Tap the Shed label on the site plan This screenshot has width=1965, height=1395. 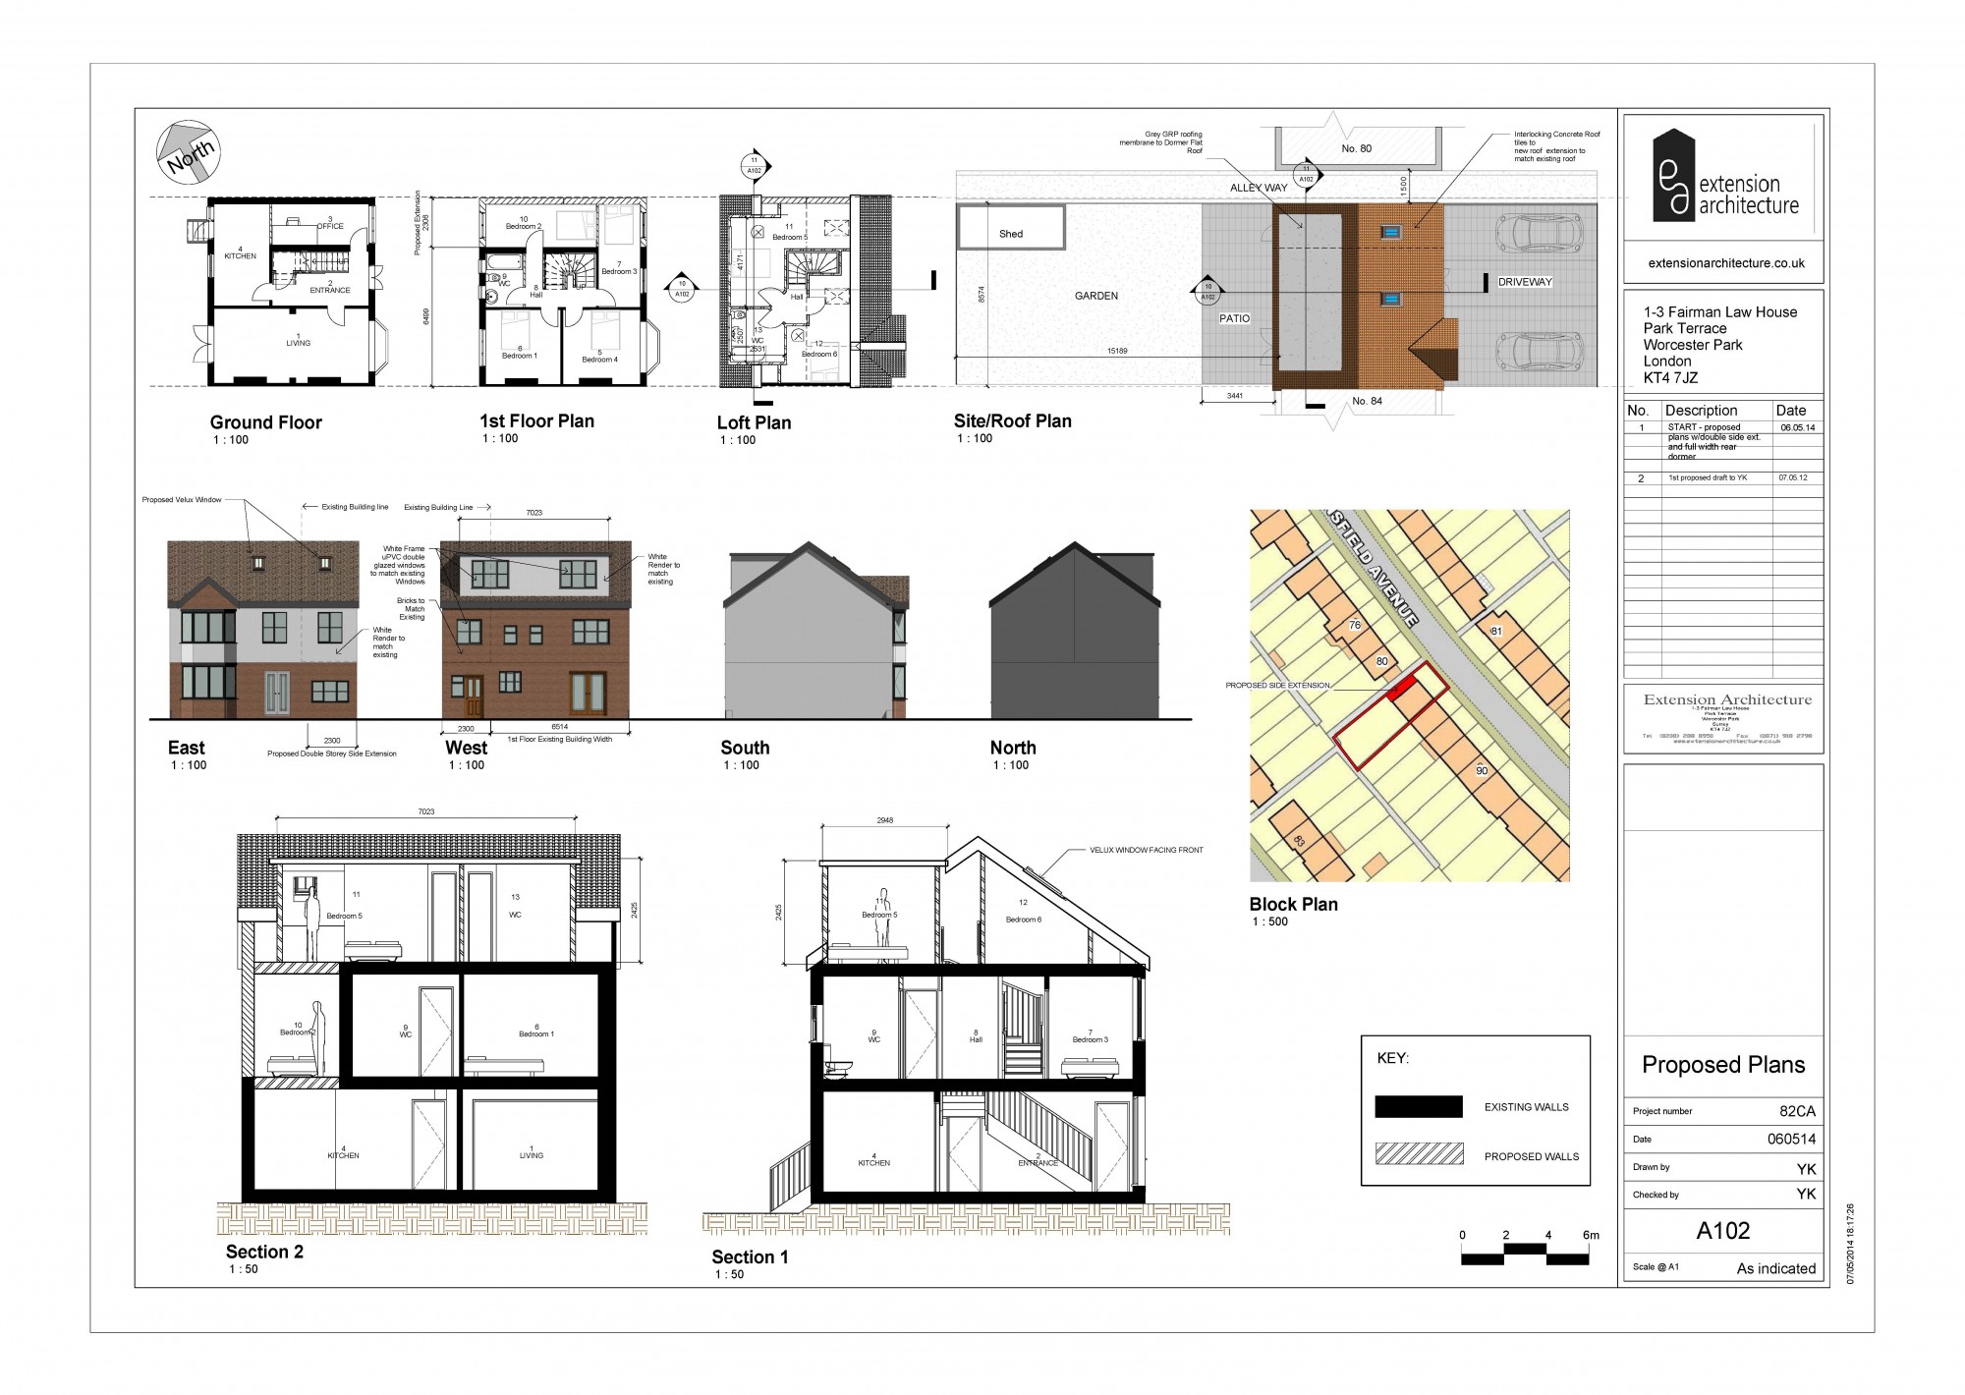pyautogui.click(x=1011, y=234)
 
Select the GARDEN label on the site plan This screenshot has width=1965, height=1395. pyautogui.click(x=1095, y=296)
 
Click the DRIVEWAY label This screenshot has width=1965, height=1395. pyautogui.click(x=1524, y=282)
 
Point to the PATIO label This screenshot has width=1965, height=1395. pyautogui.click(x=1234, y=318)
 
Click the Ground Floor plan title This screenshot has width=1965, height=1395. pyautogui.click(x=265, y=422)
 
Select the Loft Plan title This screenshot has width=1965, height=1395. pyautogui.click(x=754, y=422)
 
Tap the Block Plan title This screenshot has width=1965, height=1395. pyautogui.click(x=1293, y=904)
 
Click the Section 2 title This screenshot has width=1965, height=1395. pyautogui.click(x=264, y=1252)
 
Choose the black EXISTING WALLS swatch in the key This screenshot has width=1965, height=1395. pyautogui.click(x=1419, y=1106)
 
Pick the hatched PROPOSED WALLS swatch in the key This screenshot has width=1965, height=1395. pyautogui.click(x=1419, y=1153)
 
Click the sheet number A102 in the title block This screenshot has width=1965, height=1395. pyautogui.click(x=1722, y=1230)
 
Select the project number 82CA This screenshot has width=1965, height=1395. pyautogui.click(x=1797, y=1111)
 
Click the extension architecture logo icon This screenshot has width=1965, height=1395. pyautogui.click(x=1673, y=175)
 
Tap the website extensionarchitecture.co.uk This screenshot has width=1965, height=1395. pyautogui.click(x=1726, y=263)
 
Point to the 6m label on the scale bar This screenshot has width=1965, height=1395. pyautogui.click(x=1590, y=1235)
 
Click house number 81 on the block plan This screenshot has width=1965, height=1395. pyautogui.click(x=1495, y=631)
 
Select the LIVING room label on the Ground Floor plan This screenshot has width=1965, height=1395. pyautogui.click(x=298, y=343)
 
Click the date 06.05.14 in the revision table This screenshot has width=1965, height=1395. pyautogui.click(x=1797, y=427)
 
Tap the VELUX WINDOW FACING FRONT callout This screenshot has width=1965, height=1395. pyautogui.click(x=1146, y=850)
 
